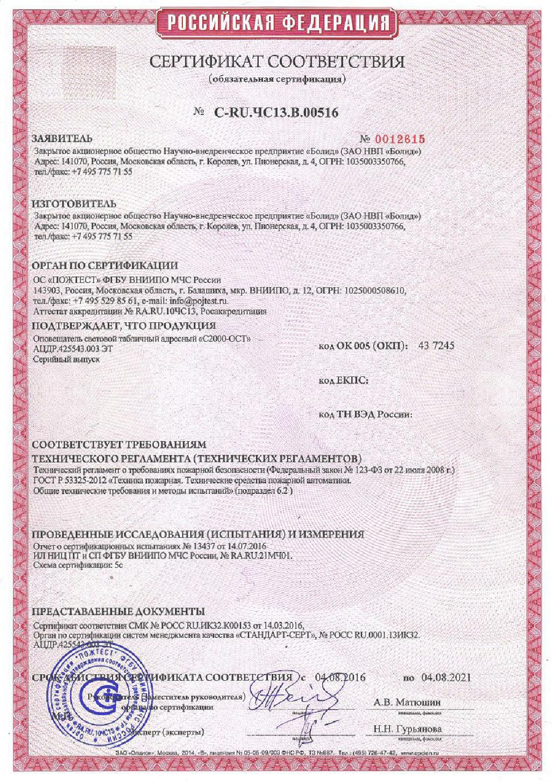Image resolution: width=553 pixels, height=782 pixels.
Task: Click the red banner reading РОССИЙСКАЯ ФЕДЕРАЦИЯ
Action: coord(276,22)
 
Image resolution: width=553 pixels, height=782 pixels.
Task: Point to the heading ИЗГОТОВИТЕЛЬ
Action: coord(74,204)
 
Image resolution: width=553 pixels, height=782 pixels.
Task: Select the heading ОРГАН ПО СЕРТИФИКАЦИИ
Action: coord(105,266)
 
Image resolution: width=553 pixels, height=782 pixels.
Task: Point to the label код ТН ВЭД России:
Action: coord(365,414)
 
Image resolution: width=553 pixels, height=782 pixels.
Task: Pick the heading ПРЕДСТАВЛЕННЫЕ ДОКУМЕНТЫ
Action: coord(118,612)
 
